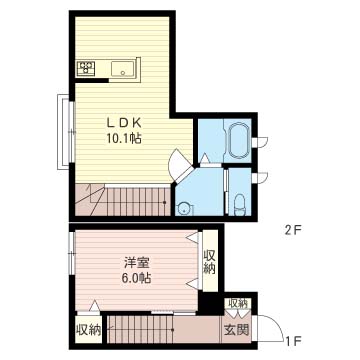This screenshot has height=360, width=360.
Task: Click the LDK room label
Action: coord(124,123)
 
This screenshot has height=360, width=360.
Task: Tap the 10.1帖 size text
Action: coord(124,138)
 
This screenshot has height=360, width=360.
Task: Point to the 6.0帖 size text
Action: coord(137,277)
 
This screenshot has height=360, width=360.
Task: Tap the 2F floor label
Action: coord(293,230)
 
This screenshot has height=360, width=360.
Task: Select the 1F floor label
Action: coord(294,341)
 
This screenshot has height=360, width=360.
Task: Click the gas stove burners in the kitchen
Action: coord(86,69)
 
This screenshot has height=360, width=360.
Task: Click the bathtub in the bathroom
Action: coord(238,140)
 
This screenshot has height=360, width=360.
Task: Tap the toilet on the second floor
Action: coord(239,205)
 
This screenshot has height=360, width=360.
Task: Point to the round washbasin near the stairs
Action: coord(184,209)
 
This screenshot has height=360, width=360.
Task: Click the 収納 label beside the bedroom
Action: coord(209,262)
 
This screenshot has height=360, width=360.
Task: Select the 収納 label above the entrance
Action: coord(237,303)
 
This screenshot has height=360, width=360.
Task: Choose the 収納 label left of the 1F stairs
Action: coord(89,330)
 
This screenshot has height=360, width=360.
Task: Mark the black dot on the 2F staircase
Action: coord(164,202)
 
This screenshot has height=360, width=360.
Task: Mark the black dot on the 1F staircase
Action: coord(172,330)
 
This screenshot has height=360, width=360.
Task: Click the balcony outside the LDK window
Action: coord(63,132)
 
